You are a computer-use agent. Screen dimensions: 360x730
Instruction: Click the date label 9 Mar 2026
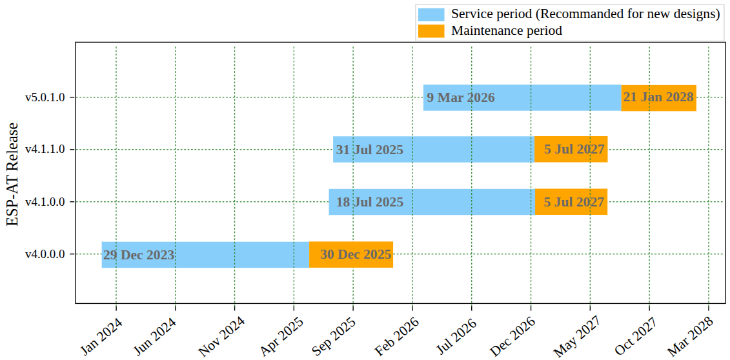pyautogui.click(x=461, y=98)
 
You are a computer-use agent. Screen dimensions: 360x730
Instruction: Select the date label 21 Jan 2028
pyautogui.click(x=658, y=97)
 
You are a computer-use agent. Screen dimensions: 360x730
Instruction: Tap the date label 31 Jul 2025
pyautogui.click(x=369, y=150)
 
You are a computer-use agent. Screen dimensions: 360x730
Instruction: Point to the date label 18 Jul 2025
pyautogui.click(x=369, y=203)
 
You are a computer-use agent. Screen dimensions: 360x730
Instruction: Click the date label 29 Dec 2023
pyautogui.click(x=139, y=255)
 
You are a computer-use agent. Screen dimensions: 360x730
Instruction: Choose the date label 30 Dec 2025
pyautogui.click(x=356, y=255)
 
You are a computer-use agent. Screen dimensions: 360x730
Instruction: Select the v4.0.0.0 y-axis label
pyautogui.click(x=45, y=254)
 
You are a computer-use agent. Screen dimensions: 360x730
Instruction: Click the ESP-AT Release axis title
pyautogui.click(x=14, y=174)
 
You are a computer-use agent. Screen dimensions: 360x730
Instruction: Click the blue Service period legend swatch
pyautogui.click(x=431, y=14)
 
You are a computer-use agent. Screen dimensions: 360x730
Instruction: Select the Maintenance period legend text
pyautogui.click(x=507, y=30)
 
